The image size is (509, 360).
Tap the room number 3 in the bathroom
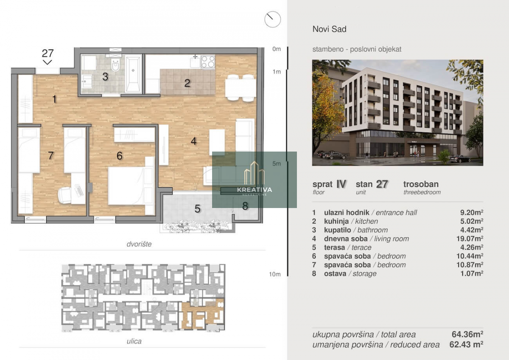[105, 77]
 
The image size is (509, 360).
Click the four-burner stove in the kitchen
[208, 62]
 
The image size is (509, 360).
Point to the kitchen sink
[195, 62]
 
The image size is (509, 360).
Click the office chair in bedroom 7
[65, 195]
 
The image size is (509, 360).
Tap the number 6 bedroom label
[120, 156]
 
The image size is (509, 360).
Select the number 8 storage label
[245, 206]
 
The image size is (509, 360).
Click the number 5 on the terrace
[197, 209]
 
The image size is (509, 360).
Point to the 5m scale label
[277, 163]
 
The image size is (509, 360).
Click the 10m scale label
[275, 274]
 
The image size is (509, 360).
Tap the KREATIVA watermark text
[255, 190]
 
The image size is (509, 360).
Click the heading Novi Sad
[330, 29]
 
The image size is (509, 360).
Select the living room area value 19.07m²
[470, 239]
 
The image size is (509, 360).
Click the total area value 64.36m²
[467, 334]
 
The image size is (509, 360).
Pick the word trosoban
[421, 184]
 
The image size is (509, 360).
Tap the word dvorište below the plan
[139, 244]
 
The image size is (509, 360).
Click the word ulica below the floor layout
[134, 341]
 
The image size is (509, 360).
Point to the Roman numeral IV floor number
[341, 184]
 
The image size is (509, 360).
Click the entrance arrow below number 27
[48, 62]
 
